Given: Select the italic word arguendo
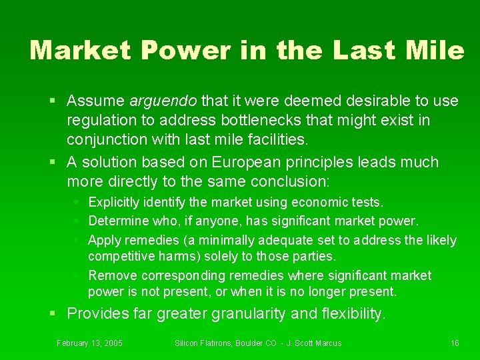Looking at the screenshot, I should [x=163, y=101].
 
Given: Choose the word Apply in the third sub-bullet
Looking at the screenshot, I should [x=103, y=240].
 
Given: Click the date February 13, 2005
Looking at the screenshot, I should [x=89, y=343].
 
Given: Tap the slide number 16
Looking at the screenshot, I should [x=455, y=343].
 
